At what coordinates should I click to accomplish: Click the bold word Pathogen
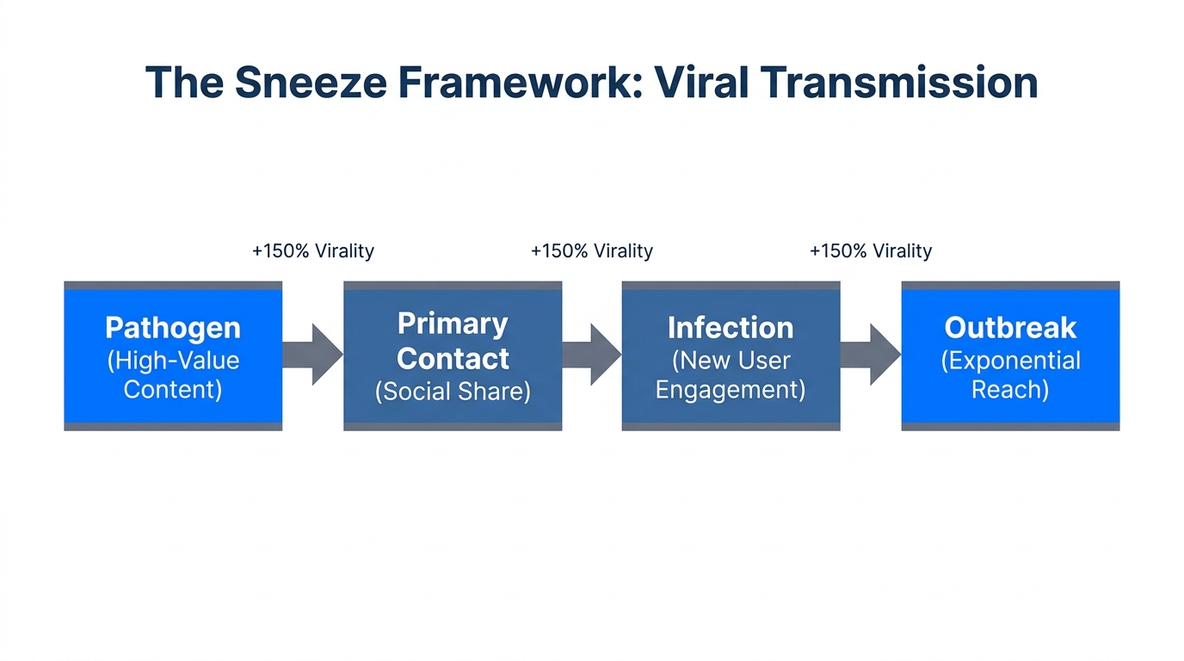(x=173, y=327)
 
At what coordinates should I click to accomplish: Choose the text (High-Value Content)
(x=173, y=374)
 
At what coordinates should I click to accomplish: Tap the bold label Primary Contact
(x=453, y=341)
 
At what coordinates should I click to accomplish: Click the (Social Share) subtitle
(x=453, y=392)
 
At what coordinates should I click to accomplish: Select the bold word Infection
(x=731, y=327)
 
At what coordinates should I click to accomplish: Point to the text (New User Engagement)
(x=731, y=374)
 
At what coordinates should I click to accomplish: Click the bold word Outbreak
(x=1010, y=327)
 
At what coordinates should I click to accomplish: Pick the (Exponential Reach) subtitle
(x=1010, y=374)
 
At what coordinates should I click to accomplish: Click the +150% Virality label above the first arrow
(x=313, y=251)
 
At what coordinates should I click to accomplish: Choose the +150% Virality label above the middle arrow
(x=592, y=251)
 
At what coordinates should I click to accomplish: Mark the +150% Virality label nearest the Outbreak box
(x=871, y=251)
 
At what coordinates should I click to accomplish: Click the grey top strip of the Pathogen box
(x=173, y=285)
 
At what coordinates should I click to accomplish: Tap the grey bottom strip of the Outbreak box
(x=1010, y=426)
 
